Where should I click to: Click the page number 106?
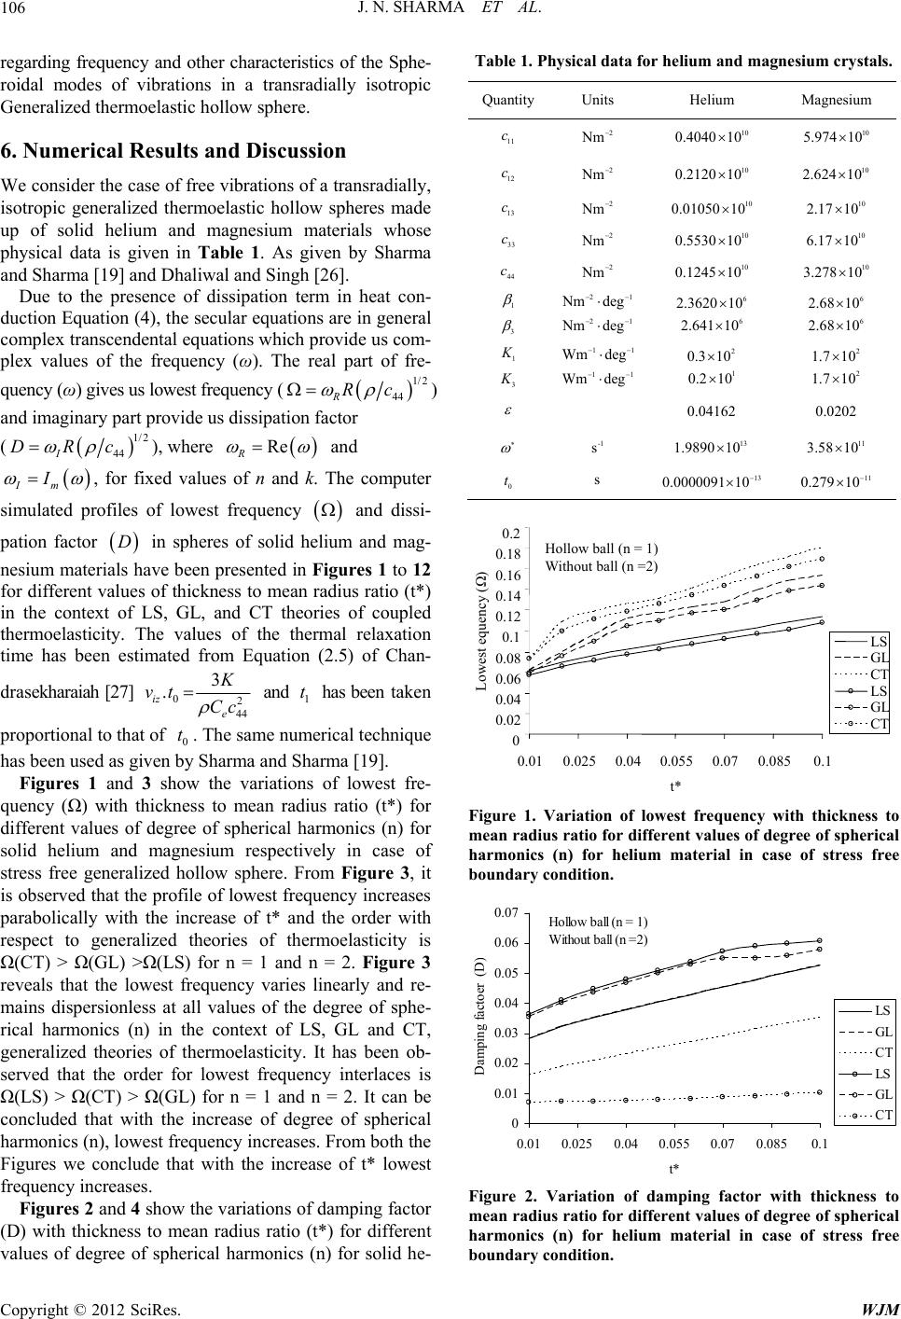13,11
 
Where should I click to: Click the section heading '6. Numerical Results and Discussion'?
173,150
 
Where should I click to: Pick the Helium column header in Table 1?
712,99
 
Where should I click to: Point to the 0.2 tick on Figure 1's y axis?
510,534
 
